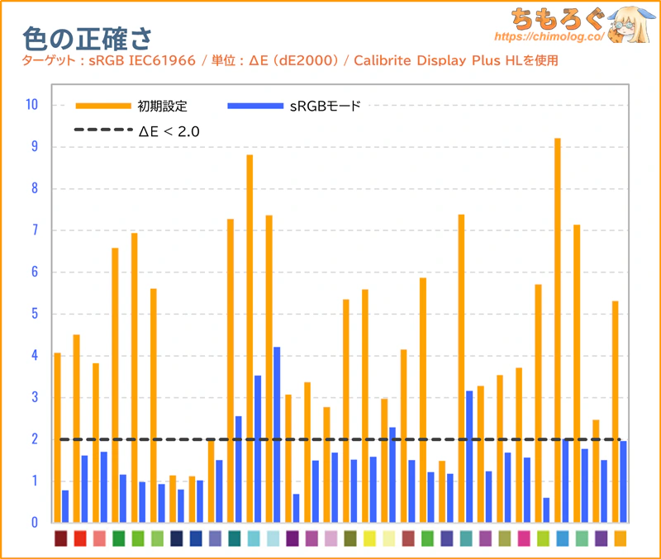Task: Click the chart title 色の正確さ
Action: click(x=87, y=39)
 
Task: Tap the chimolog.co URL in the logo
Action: click(x=549, y=36)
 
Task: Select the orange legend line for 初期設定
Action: click(x=103, y=106)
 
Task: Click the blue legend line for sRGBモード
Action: click(x=255, y=106)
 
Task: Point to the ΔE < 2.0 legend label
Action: click(x=169, y=131)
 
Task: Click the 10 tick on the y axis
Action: click(x=31, y=105)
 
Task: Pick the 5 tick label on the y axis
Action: click(x=35, y=314)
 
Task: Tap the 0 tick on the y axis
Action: click(x=35, y=523)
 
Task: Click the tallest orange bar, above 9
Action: click(x=557, y=330)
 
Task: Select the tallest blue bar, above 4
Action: click(x=277, y=434)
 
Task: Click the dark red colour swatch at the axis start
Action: click(x=60, y=538)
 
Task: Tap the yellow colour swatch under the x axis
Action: click(x=369, y=538)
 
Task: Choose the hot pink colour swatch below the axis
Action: click(x=524, y=538)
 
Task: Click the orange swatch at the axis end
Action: click(x=621, y=538)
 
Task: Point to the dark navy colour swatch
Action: click(x=177, y=538)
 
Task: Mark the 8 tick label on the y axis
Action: click(x=35, y=188)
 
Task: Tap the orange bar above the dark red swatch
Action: click(x=57, y=438)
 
